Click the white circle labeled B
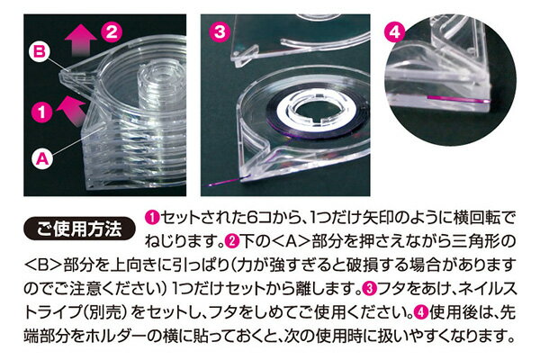40,51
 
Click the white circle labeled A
42,159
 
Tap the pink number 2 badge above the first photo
112,32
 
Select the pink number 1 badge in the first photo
42,112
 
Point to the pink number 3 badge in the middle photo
220,32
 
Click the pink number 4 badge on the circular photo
395,32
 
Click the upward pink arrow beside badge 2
81,40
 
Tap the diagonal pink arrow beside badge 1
72,110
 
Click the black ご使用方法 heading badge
79,229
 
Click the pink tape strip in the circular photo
458,100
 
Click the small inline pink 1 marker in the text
152,218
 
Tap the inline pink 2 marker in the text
232,241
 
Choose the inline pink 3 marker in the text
369,288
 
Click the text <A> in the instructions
292,241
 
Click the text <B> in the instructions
42,265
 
